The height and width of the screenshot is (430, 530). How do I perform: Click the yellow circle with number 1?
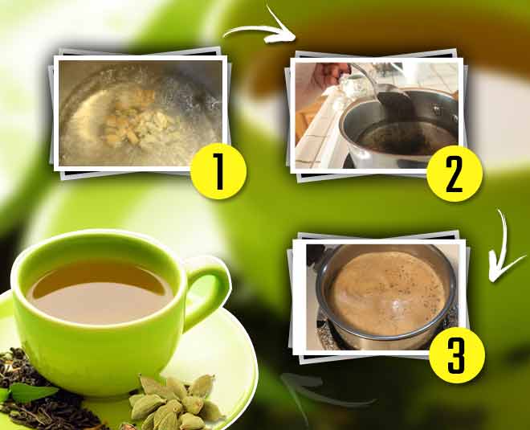point(217,170)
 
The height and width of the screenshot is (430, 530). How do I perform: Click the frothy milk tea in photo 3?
point(385,289)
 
